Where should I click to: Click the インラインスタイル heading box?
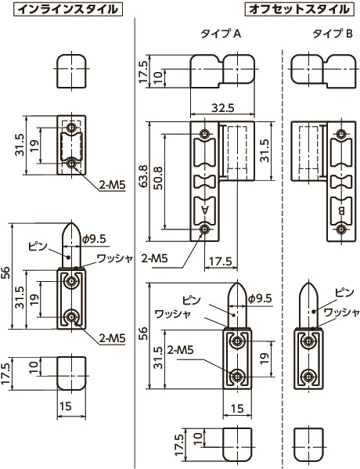pyautogui.click(x=67, y=9)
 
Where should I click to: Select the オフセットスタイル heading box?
pyautogui.click(x=299, y=9)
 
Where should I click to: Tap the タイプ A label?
pyautogui.click(x=221, y=34)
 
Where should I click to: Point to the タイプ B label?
pyautogui.click(x=333, y=34)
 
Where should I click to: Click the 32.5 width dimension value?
pyautogui.click(x=223, y=108)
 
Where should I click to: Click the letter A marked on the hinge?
pyautogui.click(x=205, y=210)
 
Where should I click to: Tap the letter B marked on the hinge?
pyautogui.click(x=341, y=211)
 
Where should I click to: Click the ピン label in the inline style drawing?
pyautogui.click(x=38, y=247)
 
